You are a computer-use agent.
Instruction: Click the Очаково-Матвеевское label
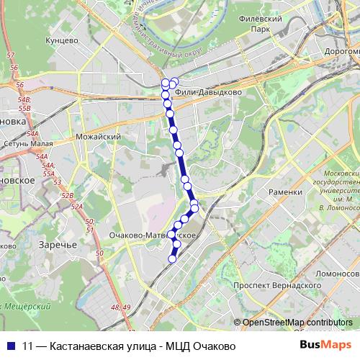click(x=150, y=235)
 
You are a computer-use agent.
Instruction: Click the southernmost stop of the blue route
click(x=172, y=259)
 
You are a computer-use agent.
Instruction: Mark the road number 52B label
click(x=68, y=195)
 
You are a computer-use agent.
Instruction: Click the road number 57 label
click(x=10, y=55)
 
